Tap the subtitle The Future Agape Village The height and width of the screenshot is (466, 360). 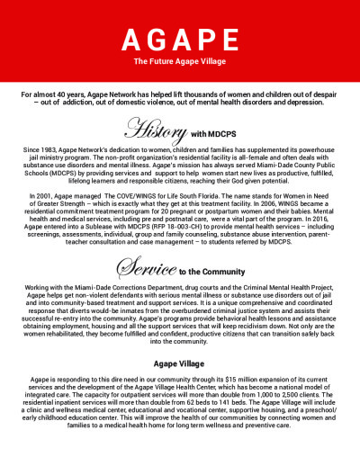click(180, 62)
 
